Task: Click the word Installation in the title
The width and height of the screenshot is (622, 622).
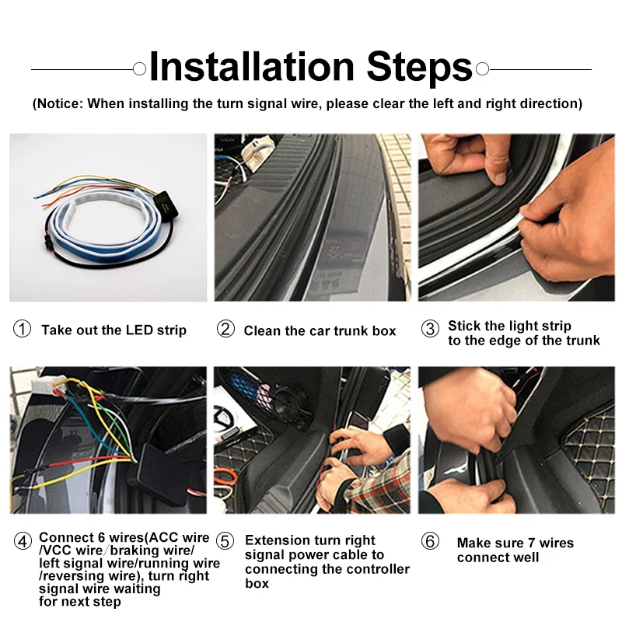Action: point(252,67)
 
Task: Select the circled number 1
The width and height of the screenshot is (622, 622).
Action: point(23,329)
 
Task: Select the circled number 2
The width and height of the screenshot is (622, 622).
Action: point(225,329)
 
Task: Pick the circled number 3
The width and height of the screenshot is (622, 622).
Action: point(430,329)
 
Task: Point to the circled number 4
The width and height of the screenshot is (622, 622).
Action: point(23,541)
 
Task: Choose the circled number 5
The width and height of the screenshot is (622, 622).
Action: point(225,541)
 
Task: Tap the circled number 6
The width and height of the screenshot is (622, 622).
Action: point(430,541)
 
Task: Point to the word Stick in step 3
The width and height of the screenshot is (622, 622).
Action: point(464,326)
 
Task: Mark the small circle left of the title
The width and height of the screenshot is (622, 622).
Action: point(139,69)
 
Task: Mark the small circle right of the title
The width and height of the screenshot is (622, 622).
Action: point(482,69)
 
